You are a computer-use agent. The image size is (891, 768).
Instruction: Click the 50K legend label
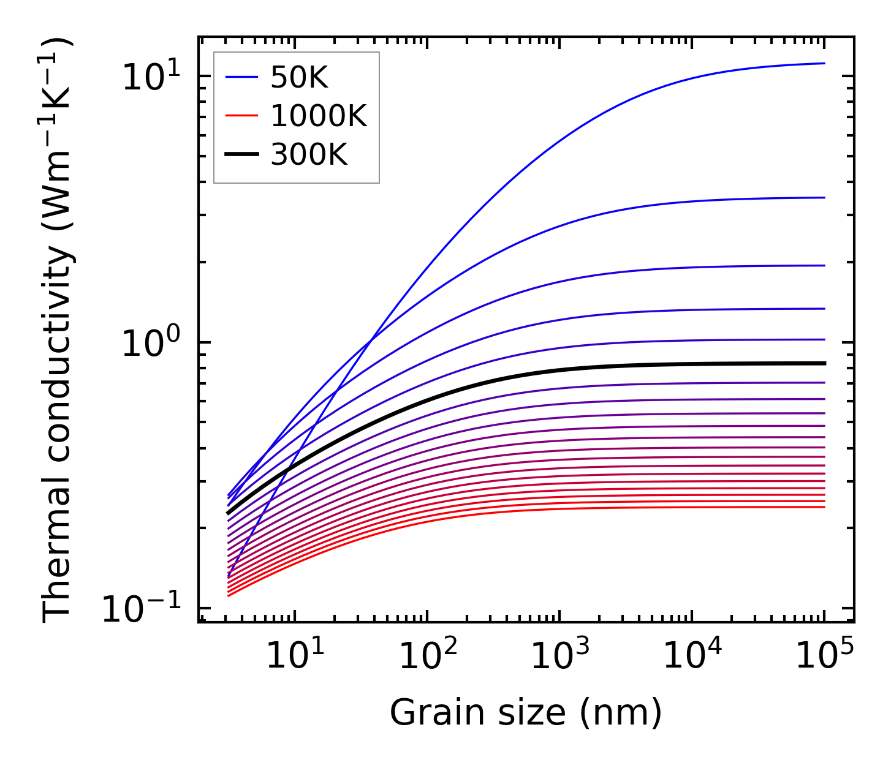tap(299, 78)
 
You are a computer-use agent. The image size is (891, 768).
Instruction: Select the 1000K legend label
tap(318, 116)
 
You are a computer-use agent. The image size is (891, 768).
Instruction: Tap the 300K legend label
tap(309, 156)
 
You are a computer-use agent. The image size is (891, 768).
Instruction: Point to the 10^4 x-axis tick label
tap(692, 657)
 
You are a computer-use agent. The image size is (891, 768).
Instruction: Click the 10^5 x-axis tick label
tap(824, 657)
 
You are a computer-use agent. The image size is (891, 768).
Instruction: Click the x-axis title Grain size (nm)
tap(526, 713)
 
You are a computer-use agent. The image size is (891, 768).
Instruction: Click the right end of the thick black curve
tap(825, 363)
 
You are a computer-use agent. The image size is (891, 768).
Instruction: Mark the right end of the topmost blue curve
tap(825, 63)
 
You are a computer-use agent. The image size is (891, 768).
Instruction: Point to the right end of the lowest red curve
tap(825, 507)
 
